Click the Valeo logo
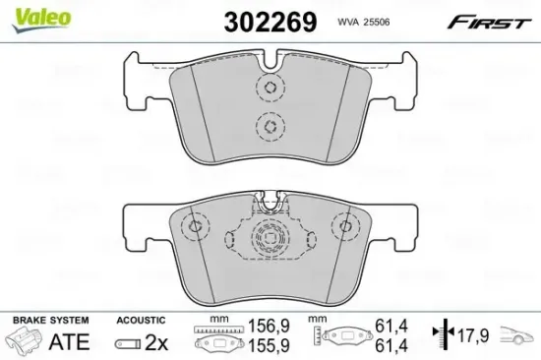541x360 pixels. click(x=41, y=19)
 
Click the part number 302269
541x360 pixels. click(x=270, y=22)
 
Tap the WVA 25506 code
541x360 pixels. click(x=363, y=22)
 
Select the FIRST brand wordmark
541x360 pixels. click(x=489, y=23)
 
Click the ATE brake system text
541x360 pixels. click(x=70, y=342)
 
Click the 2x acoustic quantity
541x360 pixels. click(x=156, y=342)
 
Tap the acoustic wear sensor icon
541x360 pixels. click(x=128, y=344)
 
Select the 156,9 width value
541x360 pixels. click(x=270, y=326)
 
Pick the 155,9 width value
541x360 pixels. click(x=270, y=345)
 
